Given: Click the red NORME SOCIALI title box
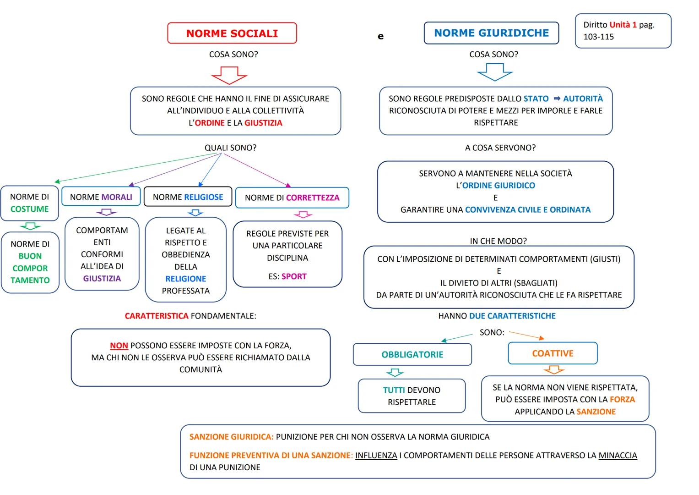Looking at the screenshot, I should pos(232,33).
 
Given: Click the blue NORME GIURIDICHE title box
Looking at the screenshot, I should pos(491,33).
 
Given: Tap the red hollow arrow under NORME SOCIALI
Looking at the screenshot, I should pos(229,75).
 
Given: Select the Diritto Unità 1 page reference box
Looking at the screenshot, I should pos(623,31).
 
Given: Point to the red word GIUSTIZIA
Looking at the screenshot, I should pos(263,123).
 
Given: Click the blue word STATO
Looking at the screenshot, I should pos(536,99).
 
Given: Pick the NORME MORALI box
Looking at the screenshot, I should pos(101,197).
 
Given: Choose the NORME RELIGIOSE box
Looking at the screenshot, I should pos(188,197).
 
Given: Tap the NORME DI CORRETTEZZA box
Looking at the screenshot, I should pos(292,198).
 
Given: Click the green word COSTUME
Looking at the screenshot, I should pos(29,209).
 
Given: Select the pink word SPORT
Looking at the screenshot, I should pos(294,276).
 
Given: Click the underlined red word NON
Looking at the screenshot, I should pos(119,346).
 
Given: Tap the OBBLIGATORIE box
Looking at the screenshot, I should pos(412,354).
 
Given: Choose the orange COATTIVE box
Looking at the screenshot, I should pos(553,353).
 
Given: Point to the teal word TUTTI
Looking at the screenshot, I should pos(394,390).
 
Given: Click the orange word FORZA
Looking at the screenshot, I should pos(622,399).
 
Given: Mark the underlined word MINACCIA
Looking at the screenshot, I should pos(618,456).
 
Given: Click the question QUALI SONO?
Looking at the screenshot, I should pos(230,148).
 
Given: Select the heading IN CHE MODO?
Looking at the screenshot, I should pos(498,241).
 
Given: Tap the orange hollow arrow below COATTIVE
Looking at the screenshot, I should pos(553,369).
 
